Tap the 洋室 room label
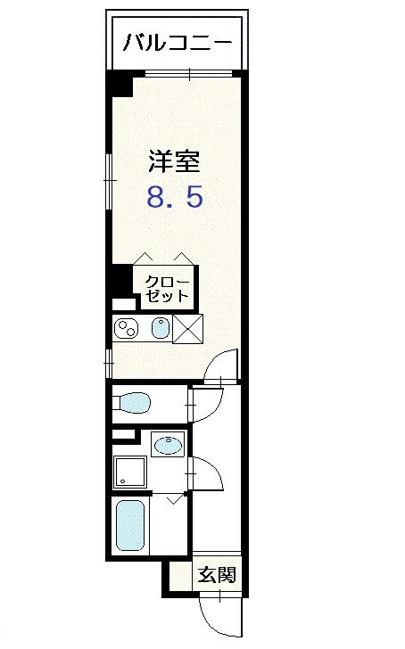click(174, 161)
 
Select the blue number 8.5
click(175, 197)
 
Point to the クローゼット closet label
click(167, 288)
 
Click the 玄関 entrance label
click(217, 575)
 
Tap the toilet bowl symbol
click(134, 404)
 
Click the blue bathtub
click(130, 527)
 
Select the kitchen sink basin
click(159, 329)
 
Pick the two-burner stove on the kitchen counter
click(127, 329)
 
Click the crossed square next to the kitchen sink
click(187, 329)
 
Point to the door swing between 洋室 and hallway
click(222, 366)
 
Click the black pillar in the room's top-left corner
click(119, 86)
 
